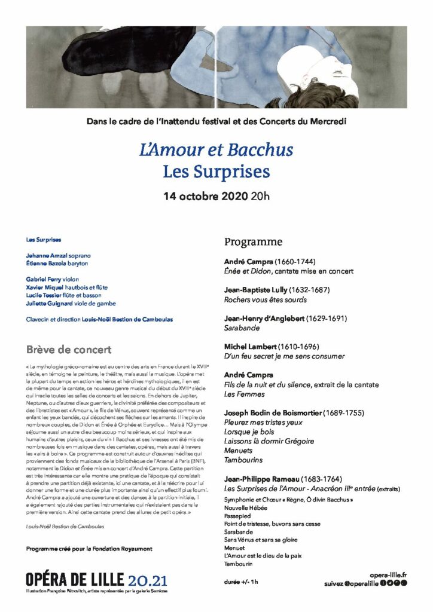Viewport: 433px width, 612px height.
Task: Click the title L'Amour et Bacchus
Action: coord(216,149)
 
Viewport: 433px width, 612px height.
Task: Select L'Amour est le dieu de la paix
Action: coord(264,555)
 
